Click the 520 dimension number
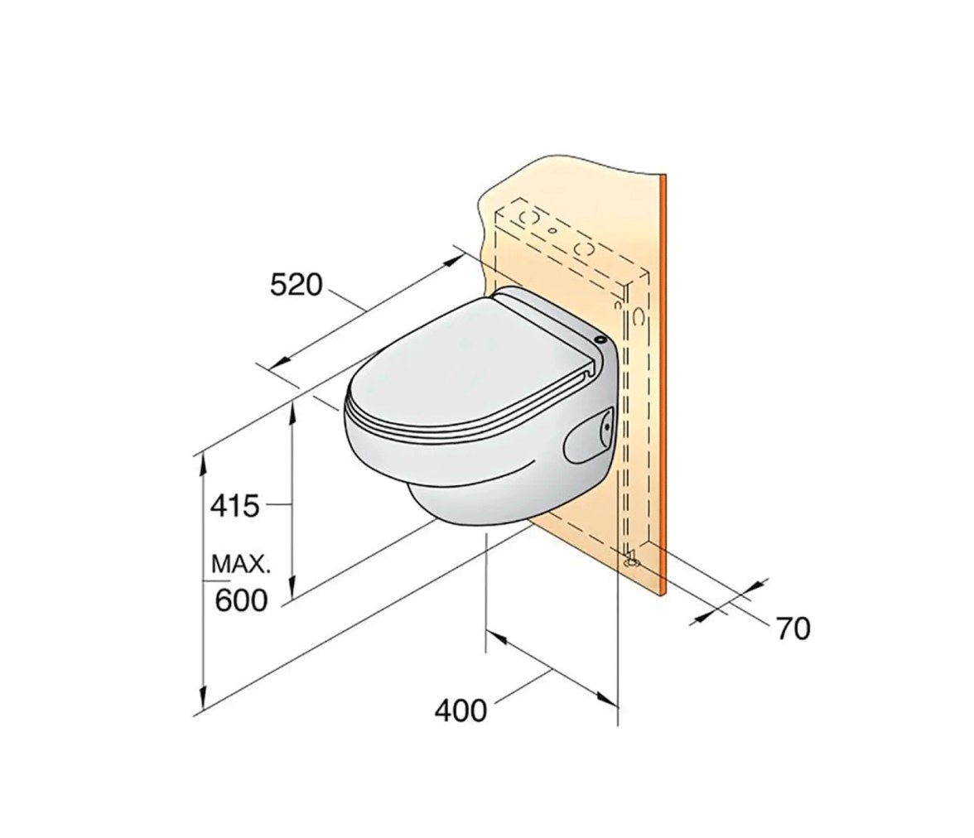pos(297,285)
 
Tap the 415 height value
pos(234,506)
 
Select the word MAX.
pos(241,565)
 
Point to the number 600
pos(241,600)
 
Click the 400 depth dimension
pos(460,710)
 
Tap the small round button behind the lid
pos(600,340)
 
